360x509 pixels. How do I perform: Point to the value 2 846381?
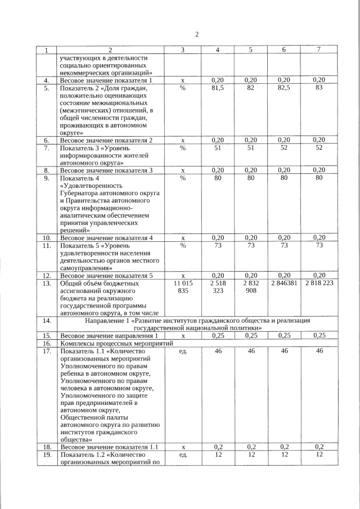(x=284, y=284)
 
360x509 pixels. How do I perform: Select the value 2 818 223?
(x=319, y=284)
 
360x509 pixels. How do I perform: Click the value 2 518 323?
(x=217, y=288)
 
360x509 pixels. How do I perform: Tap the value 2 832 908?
(x=251, y=288)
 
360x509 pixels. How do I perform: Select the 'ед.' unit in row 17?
(x=183, y=351)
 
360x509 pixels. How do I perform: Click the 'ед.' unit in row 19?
(x=183, y=455)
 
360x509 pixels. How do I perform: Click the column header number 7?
(x=319, y=51)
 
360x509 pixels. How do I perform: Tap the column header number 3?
(x=183, y=51)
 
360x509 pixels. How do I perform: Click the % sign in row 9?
(x=183, y=178)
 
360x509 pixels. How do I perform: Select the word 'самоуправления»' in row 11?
(x=85, y=269)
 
